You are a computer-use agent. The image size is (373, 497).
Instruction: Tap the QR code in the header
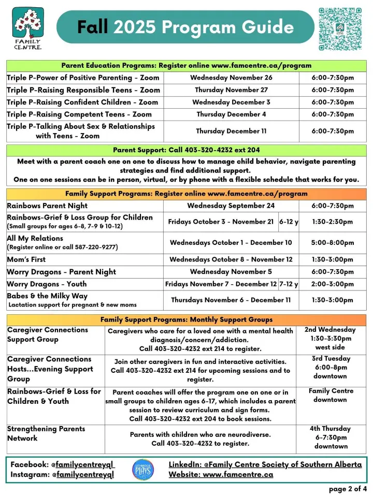point(343,29)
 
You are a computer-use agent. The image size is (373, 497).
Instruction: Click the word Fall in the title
point(93,26)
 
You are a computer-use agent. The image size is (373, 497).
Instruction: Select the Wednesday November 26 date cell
point(231,78)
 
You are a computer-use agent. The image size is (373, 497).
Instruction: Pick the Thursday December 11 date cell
point(231,131)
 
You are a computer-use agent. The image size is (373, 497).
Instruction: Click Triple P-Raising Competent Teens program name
point(79,114)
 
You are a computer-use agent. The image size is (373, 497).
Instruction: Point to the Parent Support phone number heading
point(187,150)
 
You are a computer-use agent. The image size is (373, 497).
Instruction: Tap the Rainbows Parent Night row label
point(47,206)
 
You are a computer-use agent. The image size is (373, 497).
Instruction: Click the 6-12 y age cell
point(289,222)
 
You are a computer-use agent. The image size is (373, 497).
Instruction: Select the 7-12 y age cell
point(289,284)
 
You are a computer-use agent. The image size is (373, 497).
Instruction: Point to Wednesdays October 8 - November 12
point(231,259)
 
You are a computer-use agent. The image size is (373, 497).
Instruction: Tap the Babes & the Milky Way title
point(47,296)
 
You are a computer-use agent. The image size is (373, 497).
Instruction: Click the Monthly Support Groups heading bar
point(187,319)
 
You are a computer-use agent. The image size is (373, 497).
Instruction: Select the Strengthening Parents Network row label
point(46,433)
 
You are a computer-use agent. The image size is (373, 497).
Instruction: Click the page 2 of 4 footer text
point(348,489)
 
